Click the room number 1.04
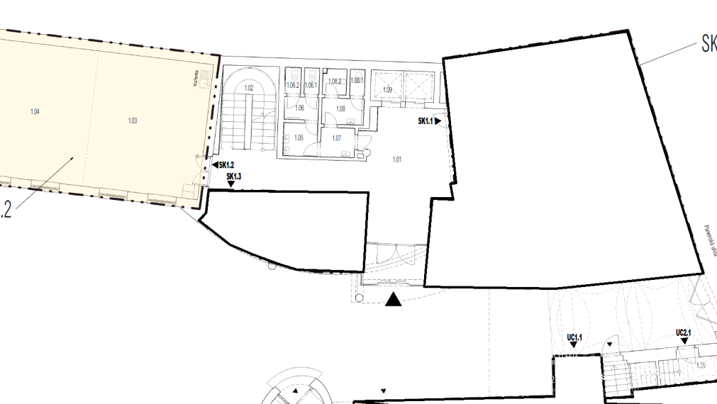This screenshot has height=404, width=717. click(35, 113)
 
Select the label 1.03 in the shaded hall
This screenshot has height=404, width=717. click(132, 120)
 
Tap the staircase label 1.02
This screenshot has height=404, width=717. click(248, 89)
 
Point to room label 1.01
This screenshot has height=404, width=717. click(397, 159)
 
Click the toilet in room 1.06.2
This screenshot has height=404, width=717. click(293, 74)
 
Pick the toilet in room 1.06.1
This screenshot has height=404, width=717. click(311, 74)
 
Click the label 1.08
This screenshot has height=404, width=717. click(340, 108)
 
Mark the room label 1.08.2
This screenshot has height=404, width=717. click(335, 82)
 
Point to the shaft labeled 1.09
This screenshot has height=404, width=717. click(387, 90)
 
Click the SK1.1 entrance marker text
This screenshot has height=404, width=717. click(424, 121)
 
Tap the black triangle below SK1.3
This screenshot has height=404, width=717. click(231, 185)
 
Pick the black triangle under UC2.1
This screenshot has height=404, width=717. click(684, 341)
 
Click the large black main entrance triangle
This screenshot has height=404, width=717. click(393, 300)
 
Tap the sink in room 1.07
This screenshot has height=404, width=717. click(345, 152)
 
